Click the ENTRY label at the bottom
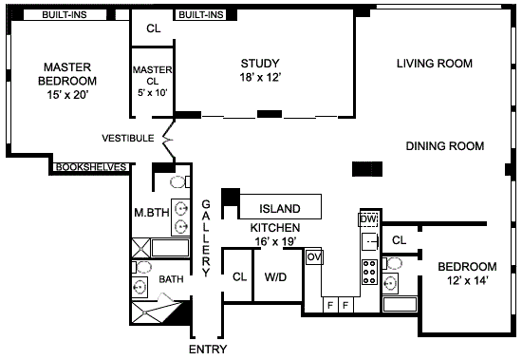(208, 349)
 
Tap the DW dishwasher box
(368, 219)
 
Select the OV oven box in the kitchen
(314, 256)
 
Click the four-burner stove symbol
(369, 272)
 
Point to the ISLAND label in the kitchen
(280, 209)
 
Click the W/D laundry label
(275, 277)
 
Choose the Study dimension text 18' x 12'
(260, 77)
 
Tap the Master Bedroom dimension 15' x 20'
(67, 95)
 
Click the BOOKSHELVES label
(90, 167)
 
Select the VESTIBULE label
(128, 138)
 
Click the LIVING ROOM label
(435, 64)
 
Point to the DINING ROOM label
(445, 146)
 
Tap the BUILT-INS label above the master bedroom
(65, 14)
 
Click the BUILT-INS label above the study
(201, 14)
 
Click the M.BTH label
(152, 213)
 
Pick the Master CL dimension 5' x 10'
(153, 93)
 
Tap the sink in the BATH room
(140, 287)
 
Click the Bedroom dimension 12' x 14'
(467, 280)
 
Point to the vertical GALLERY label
(206, 238)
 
